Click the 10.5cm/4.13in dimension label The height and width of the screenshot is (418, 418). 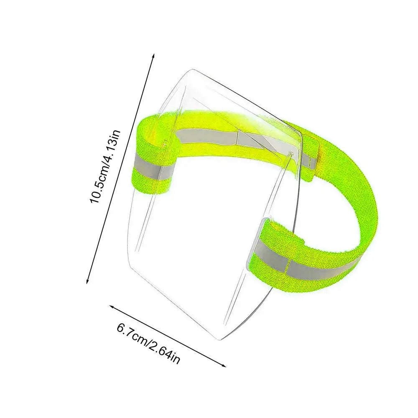tap(106, 167)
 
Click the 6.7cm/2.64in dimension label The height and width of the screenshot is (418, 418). tap(148, 343)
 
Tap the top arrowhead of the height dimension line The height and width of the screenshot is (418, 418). tap(153, 56)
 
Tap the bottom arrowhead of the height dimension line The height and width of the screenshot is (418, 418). tap(88, 281)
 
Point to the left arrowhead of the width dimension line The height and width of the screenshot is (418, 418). tap(112, 307)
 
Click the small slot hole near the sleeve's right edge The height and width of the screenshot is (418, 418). tap(291, 154)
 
